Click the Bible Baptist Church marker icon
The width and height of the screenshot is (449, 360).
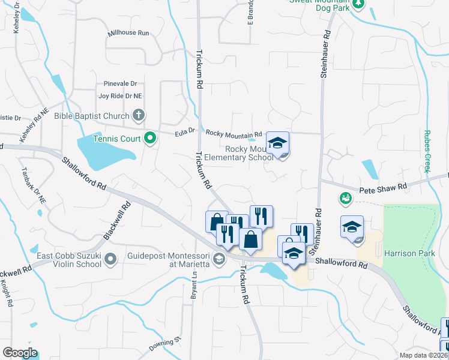139,115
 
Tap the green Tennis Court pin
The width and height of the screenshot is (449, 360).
150,139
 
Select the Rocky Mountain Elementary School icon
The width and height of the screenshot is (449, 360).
277,144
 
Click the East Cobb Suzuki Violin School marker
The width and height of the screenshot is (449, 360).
110,259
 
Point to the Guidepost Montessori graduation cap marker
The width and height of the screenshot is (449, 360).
219,259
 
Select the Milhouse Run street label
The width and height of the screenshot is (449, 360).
128,33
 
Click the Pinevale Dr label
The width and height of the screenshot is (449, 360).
120,83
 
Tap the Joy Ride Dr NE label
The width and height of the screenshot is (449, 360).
120,95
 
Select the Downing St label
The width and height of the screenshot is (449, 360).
165,344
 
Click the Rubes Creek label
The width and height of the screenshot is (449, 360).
427,151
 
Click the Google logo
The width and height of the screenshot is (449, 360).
19,353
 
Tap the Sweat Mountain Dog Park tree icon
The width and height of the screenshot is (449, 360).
358,4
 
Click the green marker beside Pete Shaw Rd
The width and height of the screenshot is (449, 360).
345,197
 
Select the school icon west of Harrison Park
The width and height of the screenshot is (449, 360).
352,228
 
